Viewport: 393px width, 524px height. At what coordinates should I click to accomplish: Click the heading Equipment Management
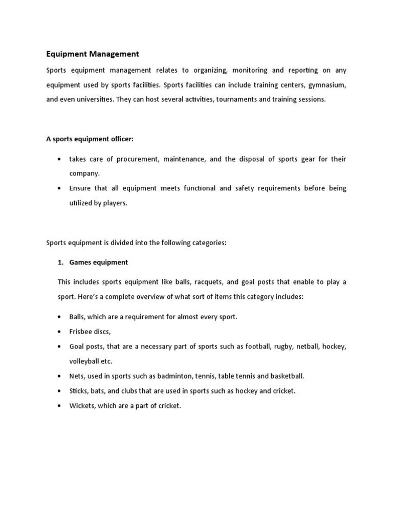[x=93, y=54]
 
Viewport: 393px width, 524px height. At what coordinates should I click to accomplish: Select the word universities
[x=95, y=99]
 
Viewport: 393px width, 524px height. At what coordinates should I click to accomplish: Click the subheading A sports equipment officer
[x=90, y=139]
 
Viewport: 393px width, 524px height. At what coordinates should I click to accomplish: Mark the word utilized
[x=81, y=203]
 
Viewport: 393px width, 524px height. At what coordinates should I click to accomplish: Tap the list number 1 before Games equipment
[x=59, y=263]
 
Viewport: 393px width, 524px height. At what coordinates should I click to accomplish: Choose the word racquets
[x=197, y=282]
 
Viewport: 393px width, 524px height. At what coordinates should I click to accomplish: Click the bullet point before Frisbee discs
[x=60, y=332]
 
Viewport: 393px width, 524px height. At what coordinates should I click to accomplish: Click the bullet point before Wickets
[x=60, y=406]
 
